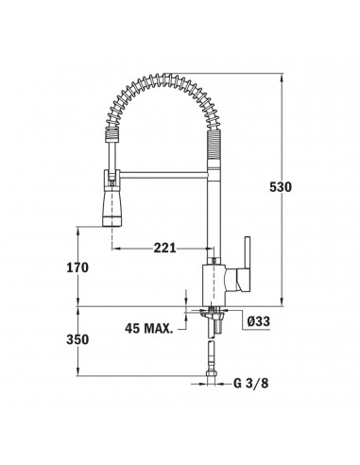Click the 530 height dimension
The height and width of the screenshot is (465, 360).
coord(281,187)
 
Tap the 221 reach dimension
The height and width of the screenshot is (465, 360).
coord(164,249)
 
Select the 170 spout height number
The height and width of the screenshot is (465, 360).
coord(77,267)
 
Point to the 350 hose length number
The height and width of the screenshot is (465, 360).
coord(77,339)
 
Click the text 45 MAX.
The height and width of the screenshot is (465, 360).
coord(149,329)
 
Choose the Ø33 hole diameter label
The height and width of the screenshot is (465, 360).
coord(259,321)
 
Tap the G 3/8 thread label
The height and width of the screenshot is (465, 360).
coord(251,383)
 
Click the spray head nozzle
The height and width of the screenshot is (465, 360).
coord(111,209)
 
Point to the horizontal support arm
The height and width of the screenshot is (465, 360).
coord(163,175)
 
